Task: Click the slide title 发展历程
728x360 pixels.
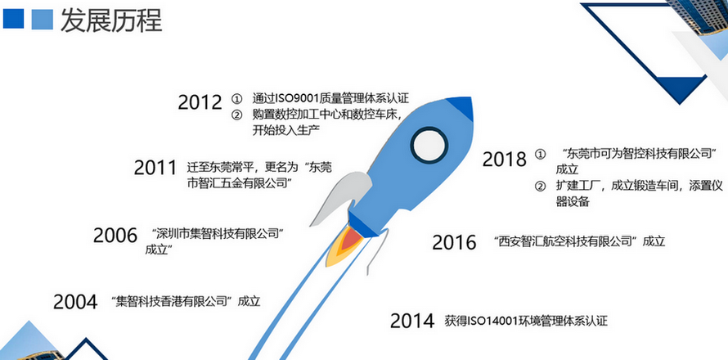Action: pyautogui.click(x=111, y=20)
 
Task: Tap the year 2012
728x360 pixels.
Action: pyautogui.click(x=200, y=102)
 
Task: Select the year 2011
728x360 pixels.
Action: pyautogui.click(x=155, y=167)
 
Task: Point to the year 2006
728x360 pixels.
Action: pyautogui.click(x=115, y=236)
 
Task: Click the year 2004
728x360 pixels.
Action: pyautogui.click(x=75, y=302)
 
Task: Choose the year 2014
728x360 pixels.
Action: pyautogui.click(x=412, y=321)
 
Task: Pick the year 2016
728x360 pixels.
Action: pyautogui.click(x=454, y=242)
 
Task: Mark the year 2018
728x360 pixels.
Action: pyautogui.click(x=504, y=159)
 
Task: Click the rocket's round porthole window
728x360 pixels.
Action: pyautogui.click(x=429, y=146)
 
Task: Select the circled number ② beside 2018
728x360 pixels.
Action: pyautogui.click(x=540, y=187)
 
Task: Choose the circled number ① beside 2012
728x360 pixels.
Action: pyautogui.click(x=236, y=99)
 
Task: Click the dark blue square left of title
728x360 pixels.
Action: pyautogui.click(x=12, y=19)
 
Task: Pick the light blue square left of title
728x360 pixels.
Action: pyautogui.click(x=43, y=19)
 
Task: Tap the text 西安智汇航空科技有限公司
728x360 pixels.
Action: pyautogui.click(x=566, y=241)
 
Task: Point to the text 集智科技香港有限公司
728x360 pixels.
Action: pyautogui.click(x=172, y=301)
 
